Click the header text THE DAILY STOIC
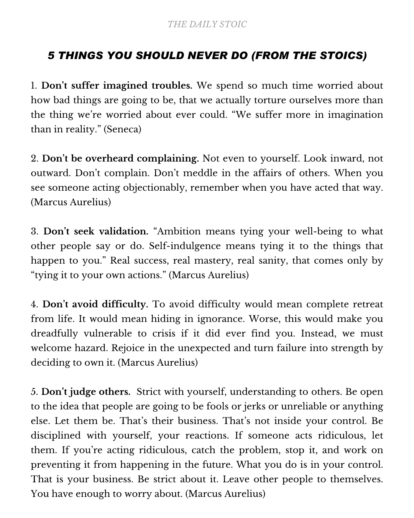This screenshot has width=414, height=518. point(207,25)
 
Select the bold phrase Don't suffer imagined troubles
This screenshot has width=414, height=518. point(117,85)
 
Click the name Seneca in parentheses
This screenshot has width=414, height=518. point(123,129)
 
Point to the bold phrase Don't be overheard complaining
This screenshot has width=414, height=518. point(120,158)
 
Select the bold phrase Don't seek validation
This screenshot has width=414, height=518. point(96,231)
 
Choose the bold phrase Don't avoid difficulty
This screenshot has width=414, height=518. point(95,304)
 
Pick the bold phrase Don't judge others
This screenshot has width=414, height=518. point(86,392)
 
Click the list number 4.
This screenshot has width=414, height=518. point(34,305)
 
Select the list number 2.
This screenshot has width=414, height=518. point(34,159)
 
